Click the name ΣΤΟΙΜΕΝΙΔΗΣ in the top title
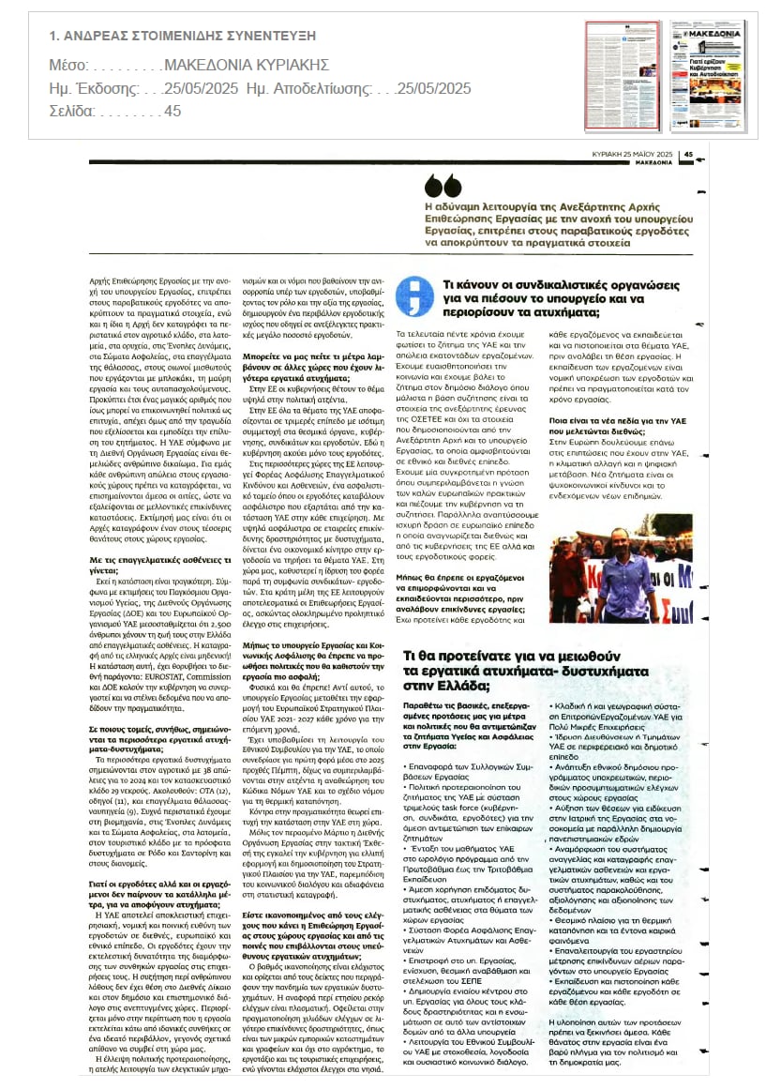coord(191,37)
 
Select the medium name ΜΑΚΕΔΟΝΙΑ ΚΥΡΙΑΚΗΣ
coord(246,65)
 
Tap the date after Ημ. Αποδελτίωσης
coord(433,88)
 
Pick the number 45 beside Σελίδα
coord(173,112)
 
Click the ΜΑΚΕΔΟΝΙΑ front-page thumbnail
coord(708,75)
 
